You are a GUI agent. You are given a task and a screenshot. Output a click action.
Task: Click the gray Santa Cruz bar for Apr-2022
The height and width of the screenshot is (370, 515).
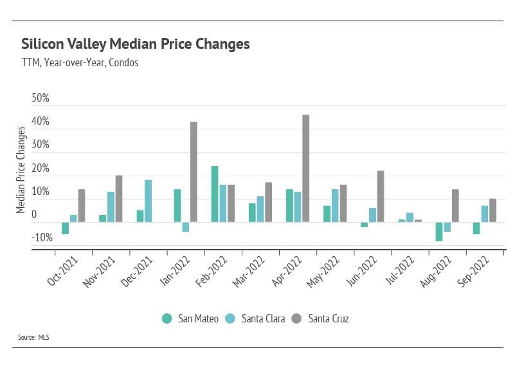pos(306,169)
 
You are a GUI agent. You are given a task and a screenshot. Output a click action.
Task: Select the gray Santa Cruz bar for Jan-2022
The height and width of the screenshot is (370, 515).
pos(194,172)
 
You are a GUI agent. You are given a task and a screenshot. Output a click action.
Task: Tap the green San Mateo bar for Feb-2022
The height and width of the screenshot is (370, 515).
pos(215,194)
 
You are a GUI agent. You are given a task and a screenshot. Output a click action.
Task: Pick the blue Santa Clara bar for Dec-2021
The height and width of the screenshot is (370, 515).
pos(148,201)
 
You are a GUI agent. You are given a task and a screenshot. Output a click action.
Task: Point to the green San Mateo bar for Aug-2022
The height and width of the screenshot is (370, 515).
pos(439,232)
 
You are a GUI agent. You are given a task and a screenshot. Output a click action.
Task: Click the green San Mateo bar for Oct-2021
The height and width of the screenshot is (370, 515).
pos(65,228)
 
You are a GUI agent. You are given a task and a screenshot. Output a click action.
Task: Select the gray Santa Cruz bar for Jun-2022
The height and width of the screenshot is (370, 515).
pos(381,196)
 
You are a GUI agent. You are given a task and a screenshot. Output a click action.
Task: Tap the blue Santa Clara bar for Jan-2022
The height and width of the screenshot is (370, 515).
pos(185,227)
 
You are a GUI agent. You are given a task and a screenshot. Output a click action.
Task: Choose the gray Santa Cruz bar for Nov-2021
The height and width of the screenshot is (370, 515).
pos(119,199)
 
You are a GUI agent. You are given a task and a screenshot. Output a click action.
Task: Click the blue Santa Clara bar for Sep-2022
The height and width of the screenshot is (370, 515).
pos(484,214)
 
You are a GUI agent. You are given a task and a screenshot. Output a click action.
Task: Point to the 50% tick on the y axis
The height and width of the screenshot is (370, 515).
pos(40,99)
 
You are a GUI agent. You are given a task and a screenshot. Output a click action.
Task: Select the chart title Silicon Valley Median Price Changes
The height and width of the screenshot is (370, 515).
pos(135,44)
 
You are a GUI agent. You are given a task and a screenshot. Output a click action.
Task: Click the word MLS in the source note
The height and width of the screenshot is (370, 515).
pos(44,337)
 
